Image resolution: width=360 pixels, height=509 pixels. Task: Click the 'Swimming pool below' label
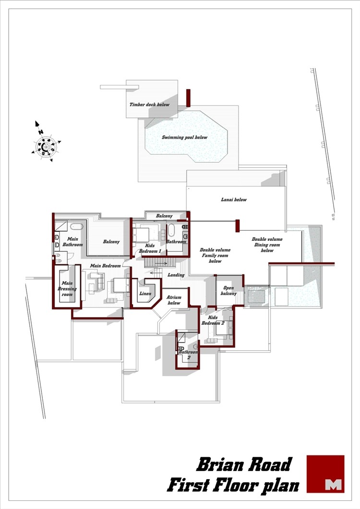[x=184, y=137]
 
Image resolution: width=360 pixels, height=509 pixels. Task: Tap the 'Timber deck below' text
[x=149, y=105]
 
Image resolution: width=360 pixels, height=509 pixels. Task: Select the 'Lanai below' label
[x=234, y=200]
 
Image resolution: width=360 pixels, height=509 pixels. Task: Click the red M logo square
[x=325, y=473]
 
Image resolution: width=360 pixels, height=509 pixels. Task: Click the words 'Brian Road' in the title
[x=244, y=464]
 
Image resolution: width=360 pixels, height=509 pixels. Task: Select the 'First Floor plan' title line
[x=233, y=485]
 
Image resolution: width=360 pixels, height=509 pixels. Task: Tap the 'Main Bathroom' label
[x=72, y=242]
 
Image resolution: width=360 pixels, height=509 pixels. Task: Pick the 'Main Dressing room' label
[x=67, y=289]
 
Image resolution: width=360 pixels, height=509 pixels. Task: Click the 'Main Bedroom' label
[x=105, y=266]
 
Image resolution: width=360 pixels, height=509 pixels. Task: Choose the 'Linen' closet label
[x=145, y=294]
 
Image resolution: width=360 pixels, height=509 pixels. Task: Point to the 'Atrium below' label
[x=174, y=300]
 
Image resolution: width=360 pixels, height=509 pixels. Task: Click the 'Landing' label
[x=176, y=275]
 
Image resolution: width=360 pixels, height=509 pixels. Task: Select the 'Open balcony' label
[x=228, y=291]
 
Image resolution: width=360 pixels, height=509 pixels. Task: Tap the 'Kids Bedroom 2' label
[x=213, y=320]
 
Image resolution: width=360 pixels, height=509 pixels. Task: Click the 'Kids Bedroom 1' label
[x=150, y=249]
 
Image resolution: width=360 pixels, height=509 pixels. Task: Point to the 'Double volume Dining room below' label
[x=267, y=245]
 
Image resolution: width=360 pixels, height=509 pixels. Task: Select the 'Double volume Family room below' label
[x=215, y=256]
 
